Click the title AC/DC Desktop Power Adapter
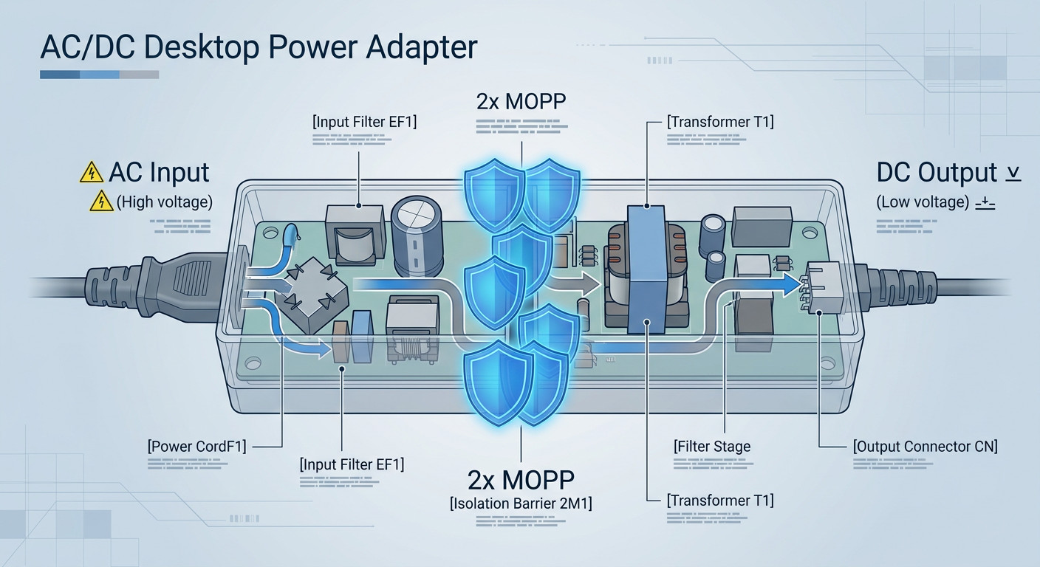[x=259, y=48]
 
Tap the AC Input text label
[x=159, y=173]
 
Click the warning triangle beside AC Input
[x=91, y=173]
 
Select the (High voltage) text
[x=164, y=201]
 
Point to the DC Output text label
[x=937, y=173]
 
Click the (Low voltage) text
[x=922, y=202]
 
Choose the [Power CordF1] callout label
[x=196, y=446]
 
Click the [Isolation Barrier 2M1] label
[x=521, y=504]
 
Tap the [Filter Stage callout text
[x=712, y=446]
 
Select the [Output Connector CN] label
[x=925, y=446]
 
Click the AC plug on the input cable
[x=159, y=285]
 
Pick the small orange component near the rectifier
[x=341, y=343]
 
